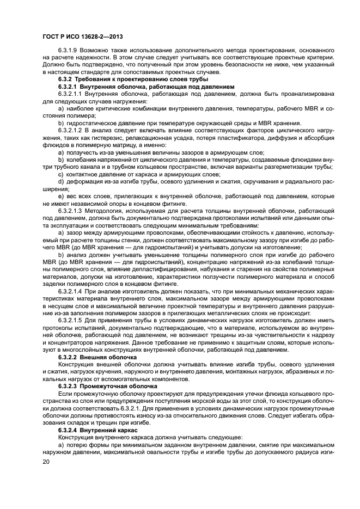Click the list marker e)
[x=61, y=195]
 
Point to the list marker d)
[x=61, y=181]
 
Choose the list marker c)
[x=61, y=174]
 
